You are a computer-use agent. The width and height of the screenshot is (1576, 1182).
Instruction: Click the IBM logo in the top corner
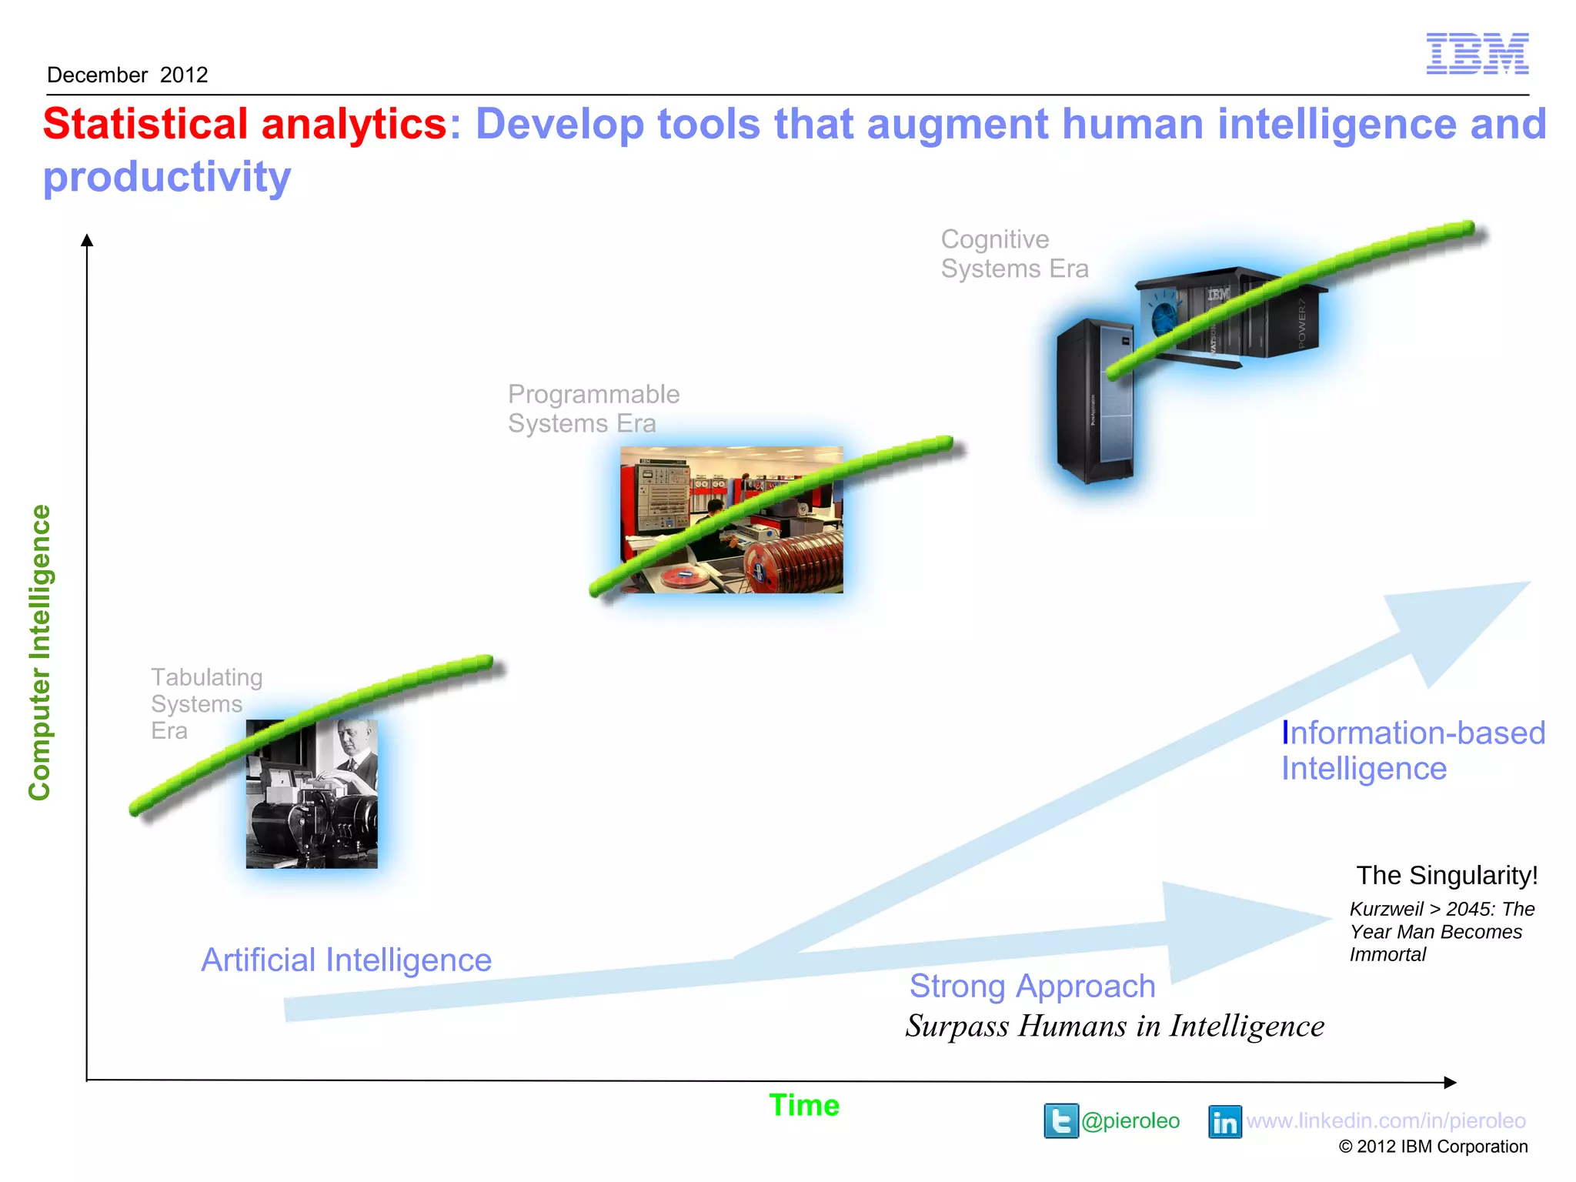pyautogui.click(x=1477, y=54)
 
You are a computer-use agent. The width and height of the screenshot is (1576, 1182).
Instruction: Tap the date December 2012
pyautogui.click(x=128, y=75)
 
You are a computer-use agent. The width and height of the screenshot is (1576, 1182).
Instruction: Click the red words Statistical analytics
pyautogui.click(x=245, y=124)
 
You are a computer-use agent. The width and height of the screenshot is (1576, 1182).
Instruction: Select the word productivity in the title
pyautogui.click(x=167, y=177)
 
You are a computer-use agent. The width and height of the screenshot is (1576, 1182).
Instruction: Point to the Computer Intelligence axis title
pyautogui.click(x=40, y=652)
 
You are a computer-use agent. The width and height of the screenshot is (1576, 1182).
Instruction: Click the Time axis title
pyautogui.click(x=804, y=1106)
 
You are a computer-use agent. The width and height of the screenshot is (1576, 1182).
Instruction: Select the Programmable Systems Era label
pyautogui.click(x=593, y=409)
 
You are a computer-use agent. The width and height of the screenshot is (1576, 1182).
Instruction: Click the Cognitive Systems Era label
pyautogui.click(x=1013, y=254)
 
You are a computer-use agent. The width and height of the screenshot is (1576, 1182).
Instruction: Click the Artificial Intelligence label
pyautogui.click(x=346, y=960)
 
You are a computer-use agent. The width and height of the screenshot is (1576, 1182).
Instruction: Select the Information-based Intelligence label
pyautogui.click(x=1412, y=750)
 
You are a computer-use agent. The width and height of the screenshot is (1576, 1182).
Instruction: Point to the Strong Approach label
pyautogui.click(x=1032, y=987)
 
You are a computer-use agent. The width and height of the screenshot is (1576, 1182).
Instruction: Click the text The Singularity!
pyautogui.click(x=1447, y=876)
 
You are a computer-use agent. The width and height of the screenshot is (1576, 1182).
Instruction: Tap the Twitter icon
pyautogui.click(x=1060, y=1120)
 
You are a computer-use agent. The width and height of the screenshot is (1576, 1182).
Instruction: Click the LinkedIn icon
pyautogui.click(x=1224, y=1122)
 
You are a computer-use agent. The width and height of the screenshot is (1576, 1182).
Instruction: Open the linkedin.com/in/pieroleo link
pyautogui.click(x=1386, y=1121)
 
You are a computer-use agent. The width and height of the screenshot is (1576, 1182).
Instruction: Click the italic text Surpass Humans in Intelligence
pyautogui.click(x=1114, y=1027)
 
